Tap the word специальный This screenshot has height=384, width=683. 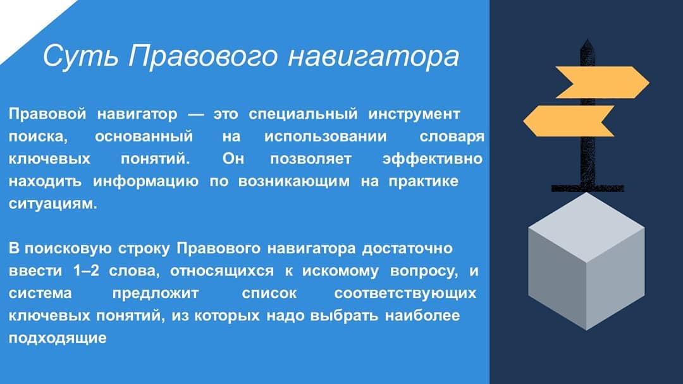pos(303,114)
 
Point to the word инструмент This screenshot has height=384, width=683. pos(414,114)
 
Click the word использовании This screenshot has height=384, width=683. pos(326,136)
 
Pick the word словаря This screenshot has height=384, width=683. pos(452,137)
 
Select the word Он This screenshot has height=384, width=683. pos(233,159)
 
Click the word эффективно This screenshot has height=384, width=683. pos(433,159)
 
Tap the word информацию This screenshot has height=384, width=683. pos(146,181)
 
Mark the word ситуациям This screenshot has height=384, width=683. pos(52,203)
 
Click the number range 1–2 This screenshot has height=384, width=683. pos(87,270)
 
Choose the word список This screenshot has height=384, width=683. pos(269,293)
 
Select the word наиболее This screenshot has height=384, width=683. pos(422,315)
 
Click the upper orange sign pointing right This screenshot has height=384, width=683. pos(602,82)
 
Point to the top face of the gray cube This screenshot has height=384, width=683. pos(586,227)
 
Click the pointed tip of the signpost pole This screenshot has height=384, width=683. pos(587,40)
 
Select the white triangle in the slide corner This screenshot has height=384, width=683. pos(26,21)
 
